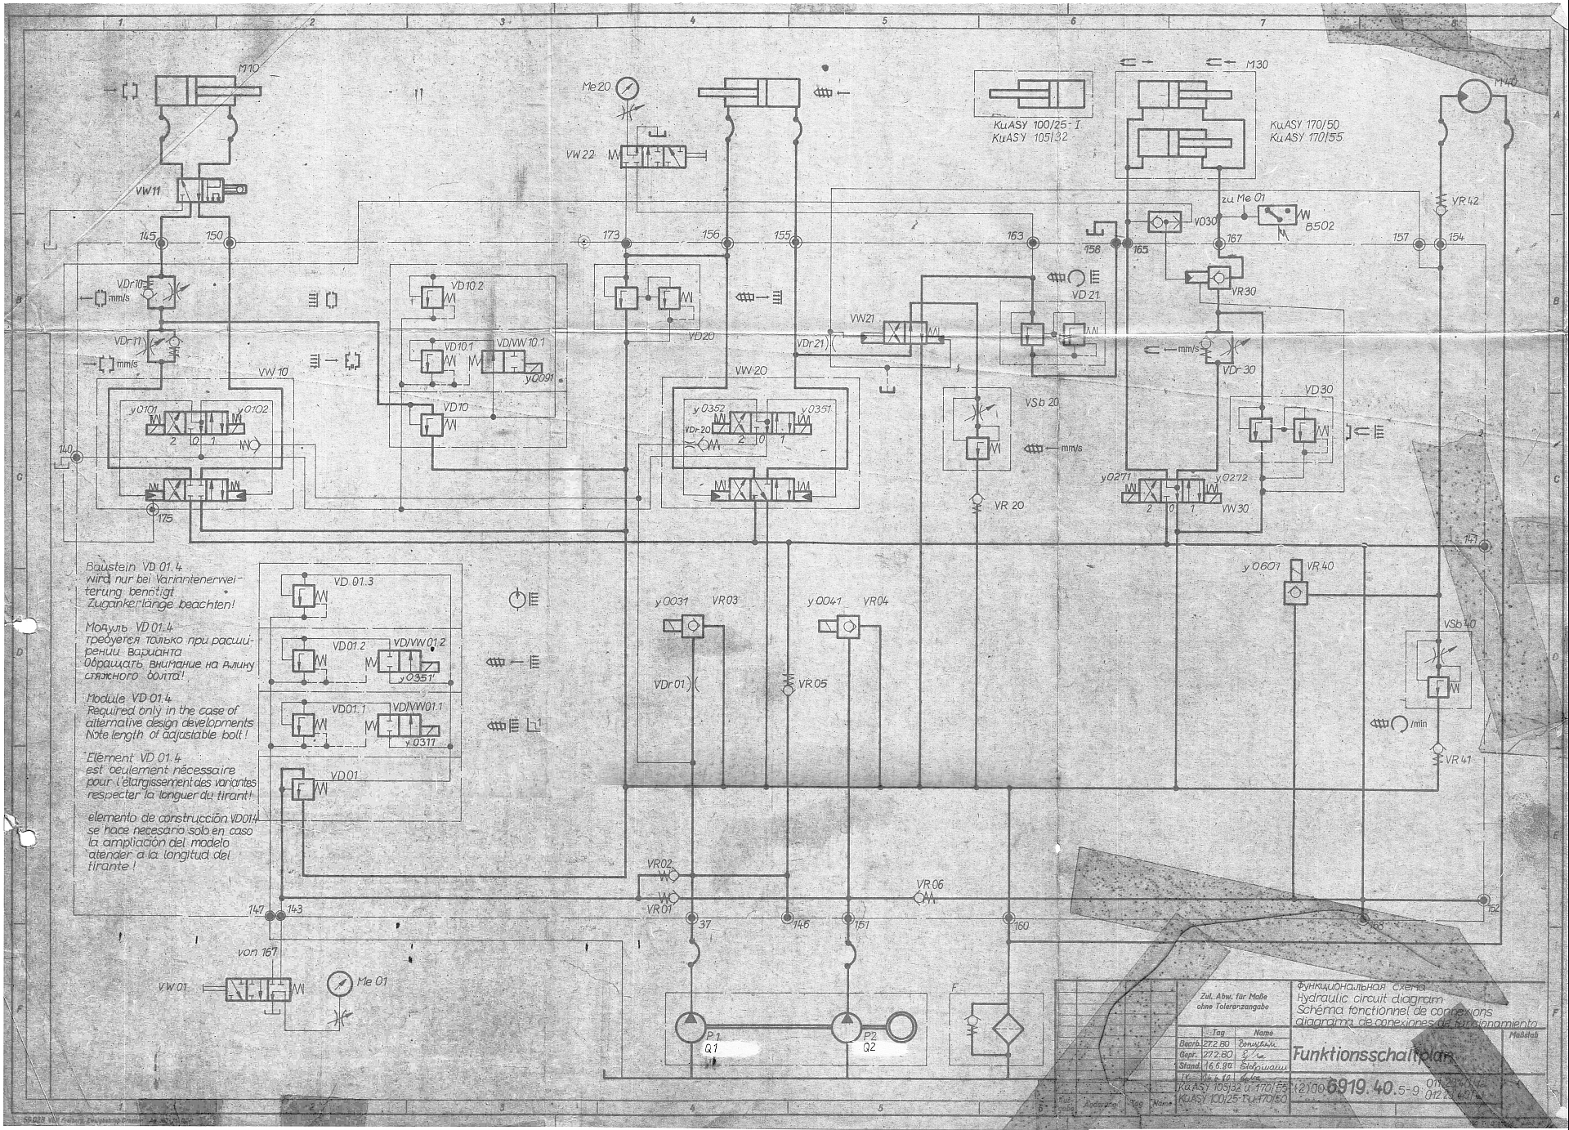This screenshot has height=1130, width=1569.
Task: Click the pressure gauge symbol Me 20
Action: coord(628,87)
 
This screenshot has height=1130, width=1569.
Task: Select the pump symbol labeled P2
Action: coord(847,1027)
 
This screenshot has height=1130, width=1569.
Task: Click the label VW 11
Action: coord(148,191)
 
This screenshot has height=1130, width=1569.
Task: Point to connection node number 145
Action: coord(162,243)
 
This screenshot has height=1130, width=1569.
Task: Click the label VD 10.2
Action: coord(467,287)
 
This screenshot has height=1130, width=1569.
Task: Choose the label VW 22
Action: coord(580,154)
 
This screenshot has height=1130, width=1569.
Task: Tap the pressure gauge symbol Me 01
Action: coord(339,985)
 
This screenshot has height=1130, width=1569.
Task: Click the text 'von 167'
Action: coord(257,952)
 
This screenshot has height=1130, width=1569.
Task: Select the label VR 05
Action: coord(812,684)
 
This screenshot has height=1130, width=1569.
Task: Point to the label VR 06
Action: coord(929,885)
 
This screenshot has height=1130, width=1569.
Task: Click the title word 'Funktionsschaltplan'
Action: coord(1372,1055)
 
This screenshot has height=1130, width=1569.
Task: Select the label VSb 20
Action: coord(1041,403)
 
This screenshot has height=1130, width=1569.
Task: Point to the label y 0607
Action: coord(1260,566)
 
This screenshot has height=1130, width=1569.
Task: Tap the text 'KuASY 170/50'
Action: coord(1305,126)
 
